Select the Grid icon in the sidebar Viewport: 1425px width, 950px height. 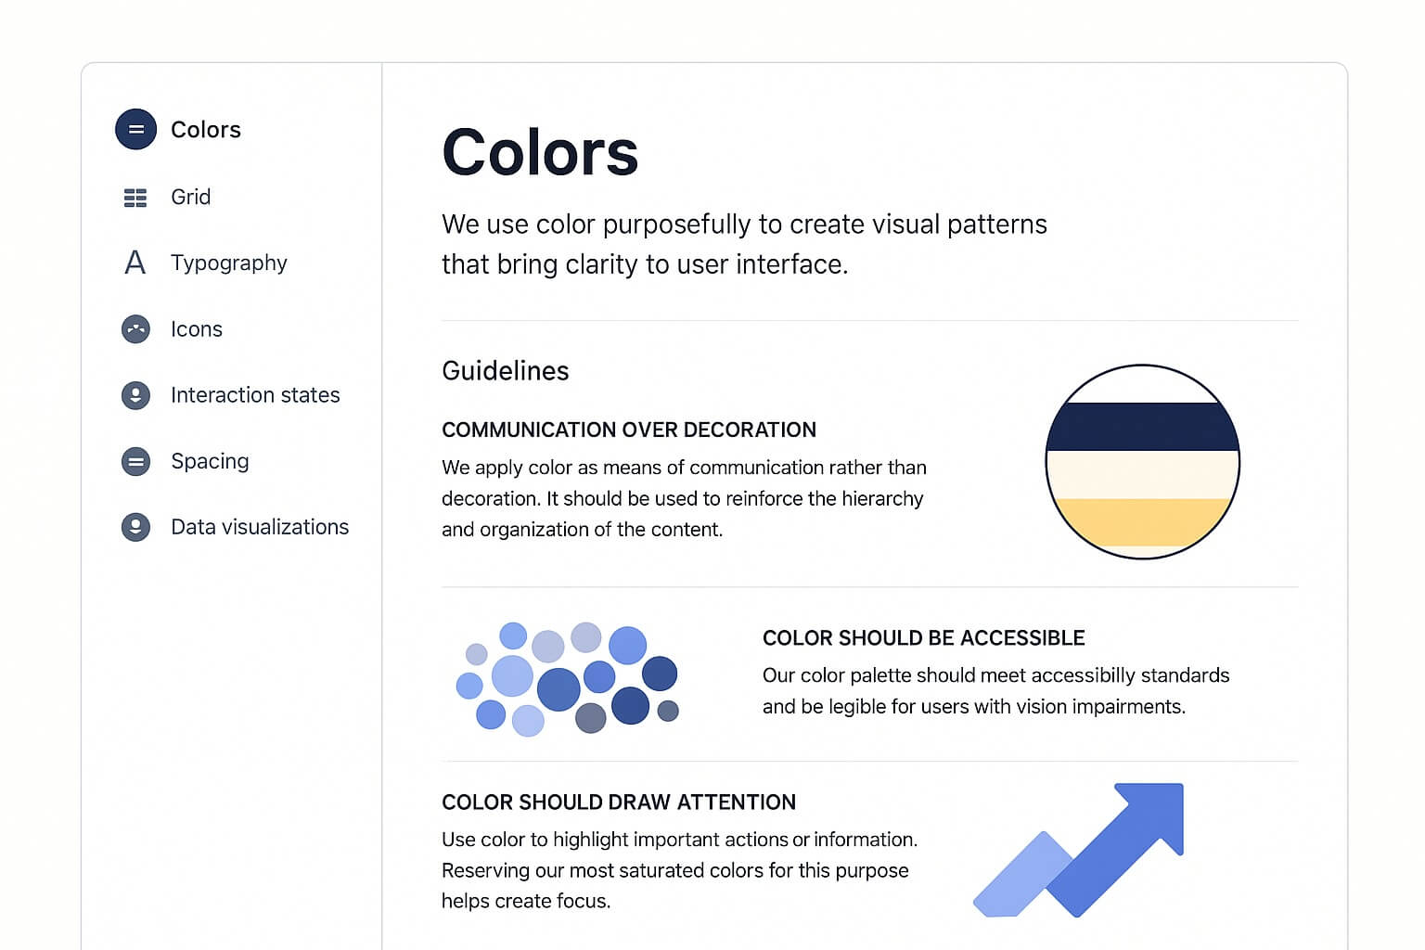[135, 198]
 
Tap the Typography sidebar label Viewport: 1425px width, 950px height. [229, 263]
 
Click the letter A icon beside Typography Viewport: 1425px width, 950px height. [135, 263]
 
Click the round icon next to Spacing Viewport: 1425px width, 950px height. [135, 461]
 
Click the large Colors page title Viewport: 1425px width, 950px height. [539, 153]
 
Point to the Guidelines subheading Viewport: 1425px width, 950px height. [505, 371]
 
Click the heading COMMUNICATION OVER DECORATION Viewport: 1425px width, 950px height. [628, 430]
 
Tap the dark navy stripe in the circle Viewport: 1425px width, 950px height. [1143, 427]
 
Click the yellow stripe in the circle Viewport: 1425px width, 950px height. [1143, 522]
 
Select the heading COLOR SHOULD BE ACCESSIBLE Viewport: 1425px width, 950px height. [924, 638]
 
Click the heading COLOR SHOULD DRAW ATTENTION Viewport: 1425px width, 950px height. [619, 802]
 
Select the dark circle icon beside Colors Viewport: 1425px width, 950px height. [135, 129]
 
